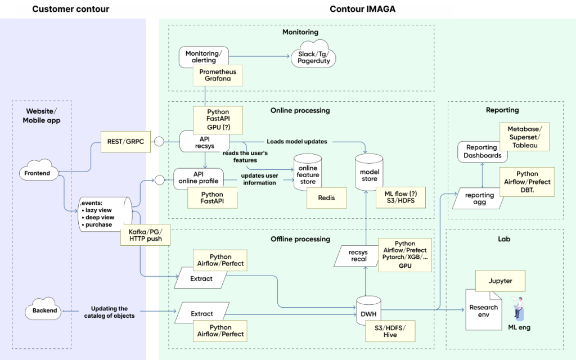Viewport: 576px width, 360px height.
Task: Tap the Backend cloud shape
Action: pos(43,309)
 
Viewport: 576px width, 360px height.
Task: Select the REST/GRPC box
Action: pos(125,141)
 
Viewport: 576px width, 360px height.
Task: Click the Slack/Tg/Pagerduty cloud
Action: pos(313,55)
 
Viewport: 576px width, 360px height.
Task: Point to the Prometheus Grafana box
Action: pos(218,75)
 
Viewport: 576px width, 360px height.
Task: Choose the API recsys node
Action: pos(204,141)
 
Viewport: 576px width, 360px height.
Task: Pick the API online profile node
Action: pos(199,178)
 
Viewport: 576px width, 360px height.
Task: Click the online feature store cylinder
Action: pos(308,173)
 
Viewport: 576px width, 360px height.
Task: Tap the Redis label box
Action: pos(327,198)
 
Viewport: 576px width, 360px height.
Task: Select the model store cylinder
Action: pos(369,173)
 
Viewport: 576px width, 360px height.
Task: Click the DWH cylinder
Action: pos(369,310)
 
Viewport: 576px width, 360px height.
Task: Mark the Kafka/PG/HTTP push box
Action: pos(146,235)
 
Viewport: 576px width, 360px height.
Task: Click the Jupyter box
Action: pos(500,281)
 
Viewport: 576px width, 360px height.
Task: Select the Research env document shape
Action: pos(484,310)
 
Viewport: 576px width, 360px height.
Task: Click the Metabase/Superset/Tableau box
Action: pos(525,137)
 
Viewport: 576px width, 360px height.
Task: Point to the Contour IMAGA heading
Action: pos(363,9)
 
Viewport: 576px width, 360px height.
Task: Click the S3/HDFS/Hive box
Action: pos(390,331)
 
